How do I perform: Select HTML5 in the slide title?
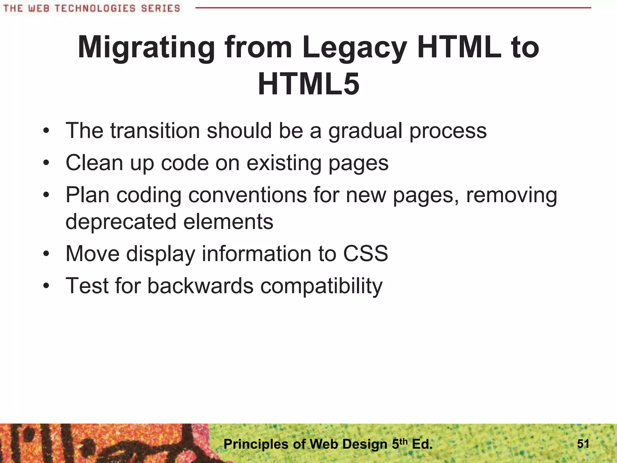[x=308, y=84]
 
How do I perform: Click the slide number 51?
[x=583, y=444]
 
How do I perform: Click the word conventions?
[x=248, y=195]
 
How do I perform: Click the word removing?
[x=511, y=195]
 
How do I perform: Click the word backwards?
[x=200, y=285]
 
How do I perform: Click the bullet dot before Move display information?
[x=46, y=254]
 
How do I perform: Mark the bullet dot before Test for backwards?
[x=46, y=286]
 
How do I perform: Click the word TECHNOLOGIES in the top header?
[x=95, y=8]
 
